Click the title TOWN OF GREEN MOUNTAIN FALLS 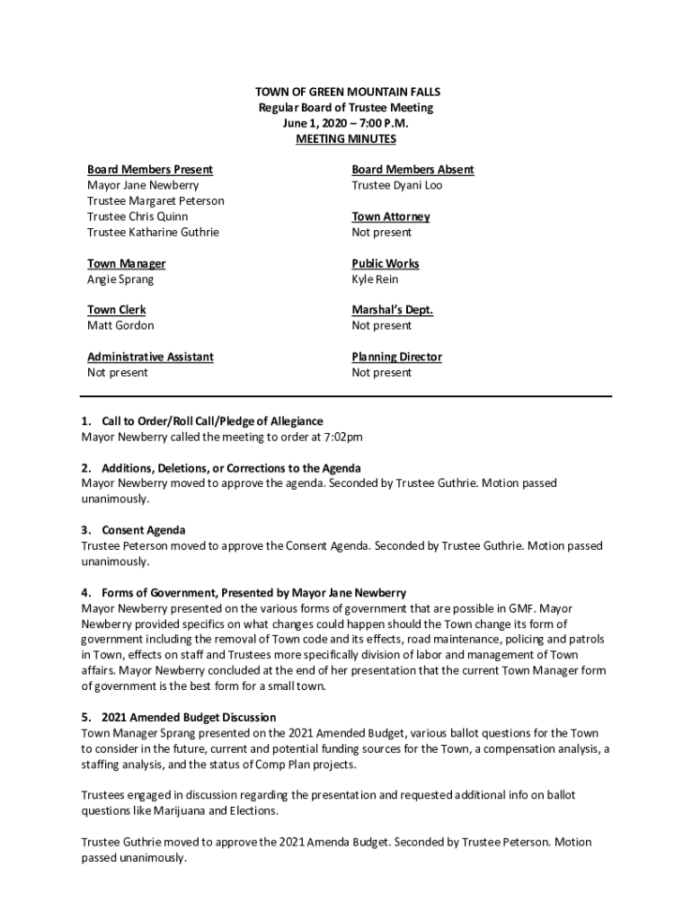(346, 92)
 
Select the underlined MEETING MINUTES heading (346, 139)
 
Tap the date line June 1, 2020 (346, 123)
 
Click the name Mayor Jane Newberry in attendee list (143, 185)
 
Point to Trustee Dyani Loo (396, 185)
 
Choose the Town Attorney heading (390, 217)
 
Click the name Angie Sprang (120, 279)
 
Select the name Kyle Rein (375, 279)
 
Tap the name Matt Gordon (120, 325)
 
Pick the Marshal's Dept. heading (392, 310)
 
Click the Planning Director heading (396, 357)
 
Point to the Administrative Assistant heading (150, 357)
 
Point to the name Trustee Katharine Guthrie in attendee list (153, 232)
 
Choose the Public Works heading (385, 263)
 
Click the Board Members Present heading (149, 170)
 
